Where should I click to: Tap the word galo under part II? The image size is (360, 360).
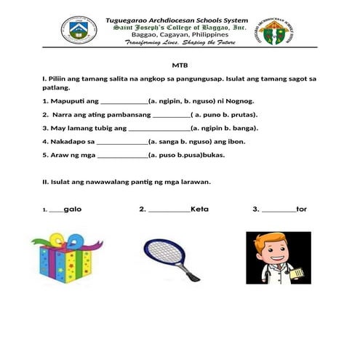(x=72, y=209)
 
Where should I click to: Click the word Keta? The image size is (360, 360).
(x=199, y=209)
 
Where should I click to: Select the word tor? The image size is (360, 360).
(x=302, y=209)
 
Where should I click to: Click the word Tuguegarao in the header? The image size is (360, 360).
(x=131, y=20)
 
